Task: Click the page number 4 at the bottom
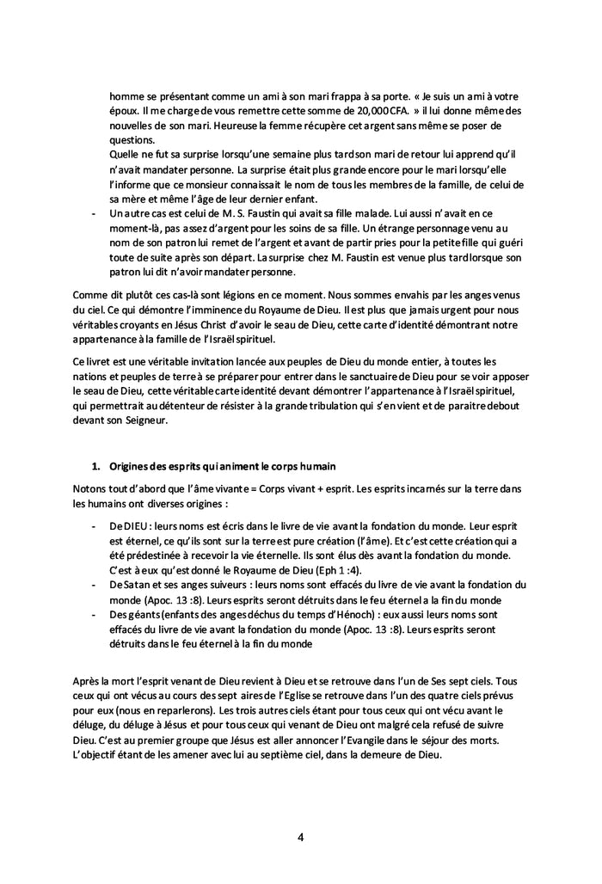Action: click(x=301, y=837)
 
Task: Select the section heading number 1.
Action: click(x=96, y=465)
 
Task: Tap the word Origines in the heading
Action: click(x=131, y=465)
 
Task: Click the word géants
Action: click(x=142, y=615)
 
